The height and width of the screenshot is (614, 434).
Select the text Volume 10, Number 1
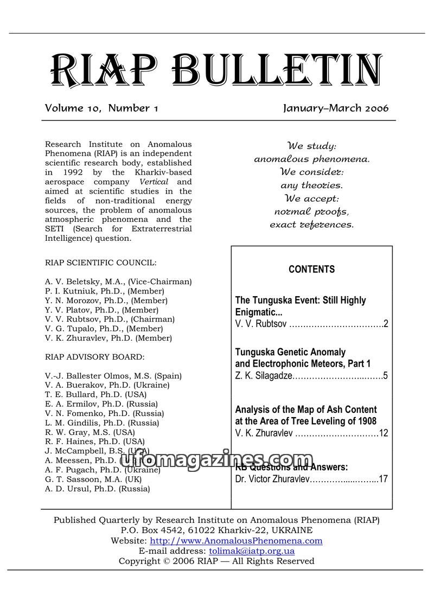click(101, 108)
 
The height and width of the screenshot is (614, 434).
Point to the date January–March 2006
click(336, 108)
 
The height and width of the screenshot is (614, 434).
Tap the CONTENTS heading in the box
click(311, 269)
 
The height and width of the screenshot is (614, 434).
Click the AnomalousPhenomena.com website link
click(236, 541)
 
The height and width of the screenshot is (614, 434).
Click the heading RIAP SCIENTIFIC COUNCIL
click(101, 263)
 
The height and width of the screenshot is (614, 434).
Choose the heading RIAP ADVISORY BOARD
click(95, 357)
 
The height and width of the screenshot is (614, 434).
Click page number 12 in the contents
click(384, 433)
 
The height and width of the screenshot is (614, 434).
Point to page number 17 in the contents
click(383, 479)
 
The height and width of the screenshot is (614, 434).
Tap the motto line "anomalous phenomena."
click(312, 159)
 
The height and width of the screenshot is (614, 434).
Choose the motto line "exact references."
click(312, 224)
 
